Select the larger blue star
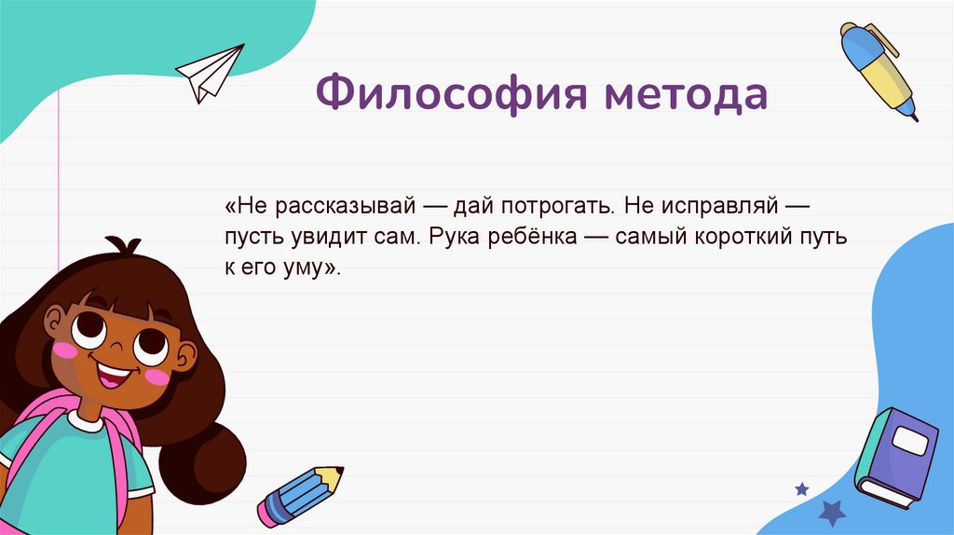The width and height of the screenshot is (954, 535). [831, 512]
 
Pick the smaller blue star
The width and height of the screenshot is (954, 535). [801, 487]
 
